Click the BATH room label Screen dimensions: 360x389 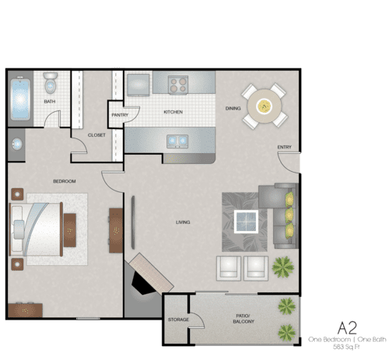pyautogui.click(x=49, y=101)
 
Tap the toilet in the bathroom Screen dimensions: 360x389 pyautogui.click(x=51, y=82)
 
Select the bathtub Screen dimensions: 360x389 pyautogui.click(x=19, y=99)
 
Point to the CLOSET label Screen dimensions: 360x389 pyautogui.click(x=96, y=135)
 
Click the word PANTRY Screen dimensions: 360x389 pyautogui.click(x=120, y=114)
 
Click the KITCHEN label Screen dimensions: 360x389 pyautogui.click(x=173, y=112)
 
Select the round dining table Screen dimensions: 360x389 pyautogui.click(x=265, y=105)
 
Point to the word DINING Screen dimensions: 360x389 pyautogui.click(x=233, y=108)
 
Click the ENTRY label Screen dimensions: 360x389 pyautogui.click(x=284, y=147)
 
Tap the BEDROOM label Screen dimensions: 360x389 pyautogui.click(x=64, y=181)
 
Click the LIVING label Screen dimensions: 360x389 pyautogui.click(x=183, y=222)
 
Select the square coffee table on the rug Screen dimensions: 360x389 pyautogui.click(x=247, y=222)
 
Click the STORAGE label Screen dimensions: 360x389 pyautogui.click(x=178, y=320)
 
